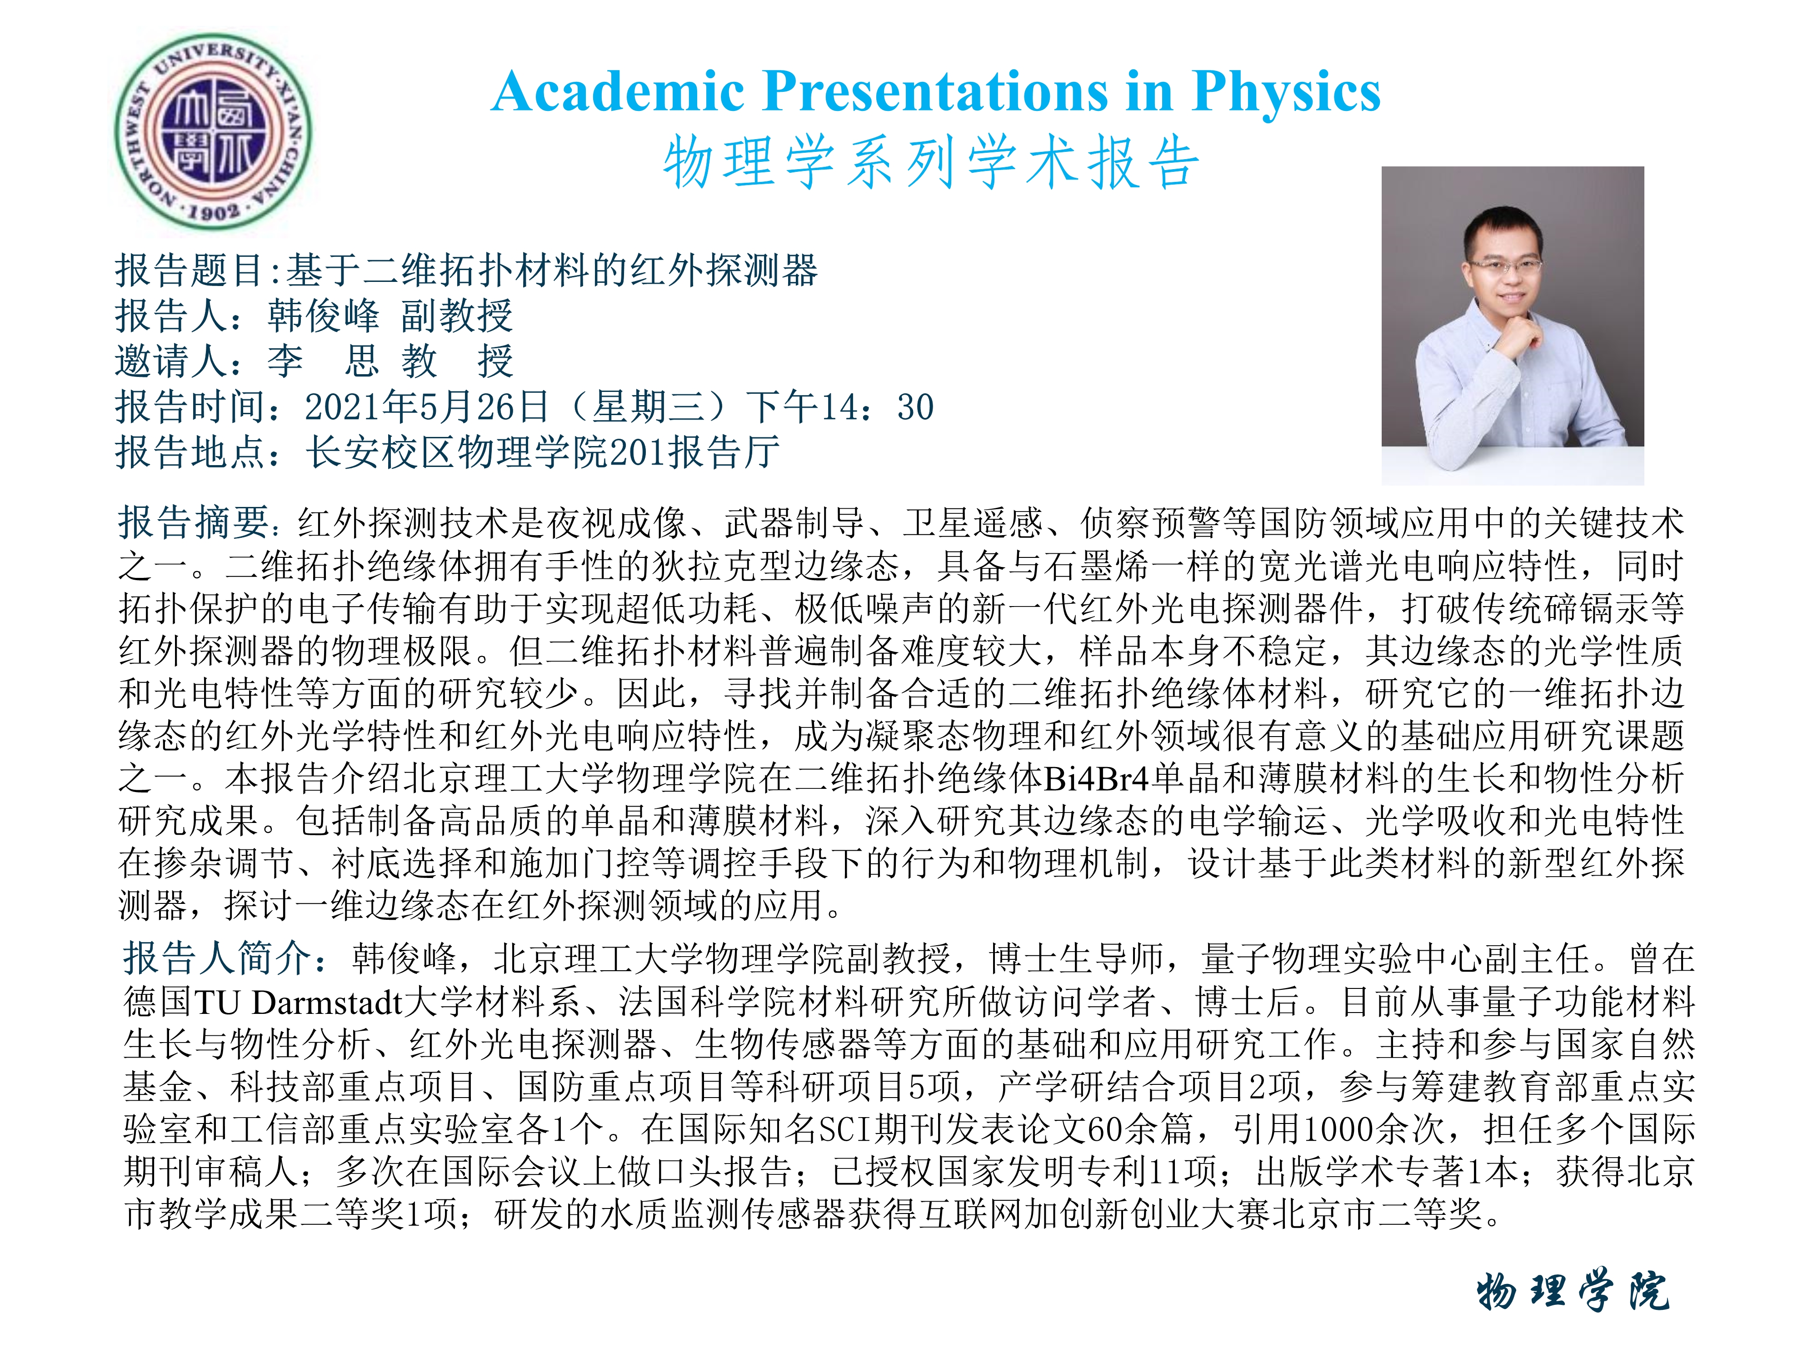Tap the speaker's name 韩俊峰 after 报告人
click(323, 316)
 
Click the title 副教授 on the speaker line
click(457, 316)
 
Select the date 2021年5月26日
click(427, 406)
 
